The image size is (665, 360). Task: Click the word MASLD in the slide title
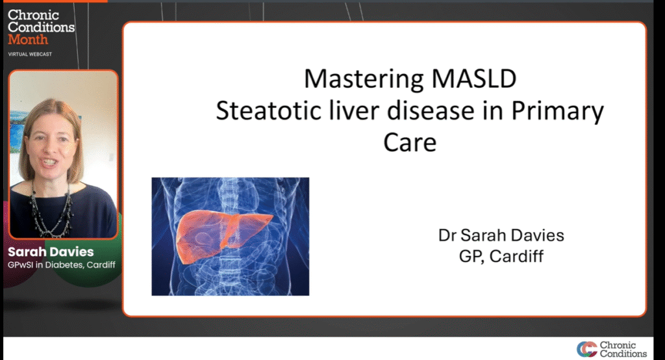(x=473, y=79)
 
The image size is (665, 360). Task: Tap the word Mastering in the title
(x=364, y=79)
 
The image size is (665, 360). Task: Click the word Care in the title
(x=410, y=143)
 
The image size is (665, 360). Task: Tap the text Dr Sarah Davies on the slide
(x=501, y=235)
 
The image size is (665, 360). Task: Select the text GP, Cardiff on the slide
(x=501, y=257)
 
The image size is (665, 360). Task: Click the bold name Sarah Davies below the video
(x=51, y=251)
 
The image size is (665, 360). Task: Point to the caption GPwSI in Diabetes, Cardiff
(x=62, y=265)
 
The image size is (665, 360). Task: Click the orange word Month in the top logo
(x=28, y=40)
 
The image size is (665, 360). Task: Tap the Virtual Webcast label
(x=30, y=55)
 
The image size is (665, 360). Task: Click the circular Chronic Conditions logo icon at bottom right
(x=587, y=349)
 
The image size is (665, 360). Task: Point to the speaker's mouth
(x=48, y=162)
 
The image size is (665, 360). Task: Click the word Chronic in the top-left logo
(x=34, y=15)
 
